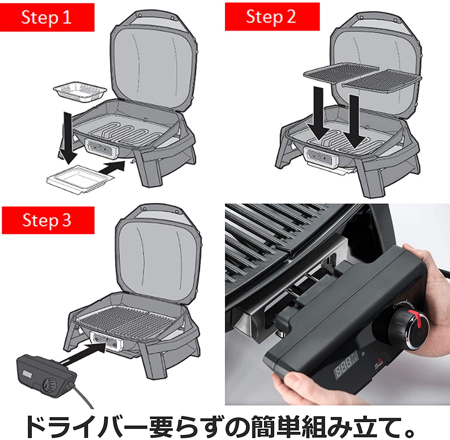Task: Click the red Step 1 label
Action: pyautogui.click(x=47, y=17)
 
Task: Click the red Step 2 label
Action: pyautogui.click(x=272, y=17)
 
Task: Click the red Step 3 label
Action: pyautogui.click(x=48, y=220)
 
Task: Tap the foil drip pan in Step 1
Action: pyautogui.click(x=80, y=92)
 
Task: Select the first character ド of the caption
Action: pyautogui.click(x=37, y=426)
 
